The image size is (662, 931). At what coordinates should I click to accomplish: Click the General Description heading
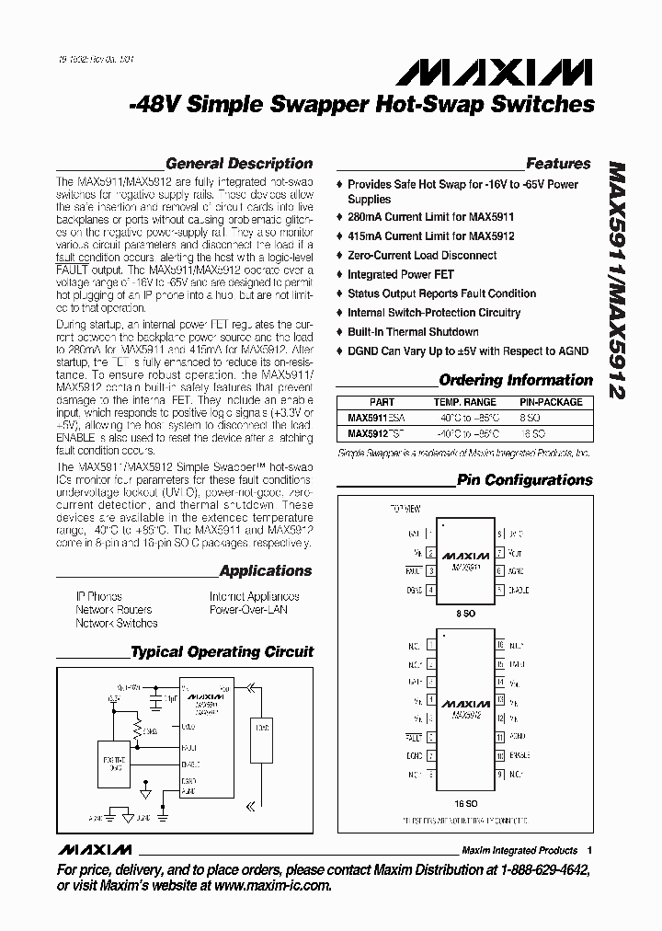(x=239, y=164)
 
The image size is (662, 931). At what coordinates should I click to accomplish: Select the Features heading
(x=558, y=164)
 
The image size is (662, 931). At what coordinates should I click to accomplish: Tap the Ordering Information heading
(x=516, y=380)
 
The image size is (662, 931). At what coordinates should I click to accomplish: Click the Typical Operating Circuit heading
(x=222, y=652)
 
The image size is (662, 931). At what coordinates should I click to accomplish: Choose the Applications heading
(x=266, y=571)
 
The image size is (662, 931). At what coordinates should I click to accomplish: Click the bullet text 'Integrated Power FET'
(x=400, y=274)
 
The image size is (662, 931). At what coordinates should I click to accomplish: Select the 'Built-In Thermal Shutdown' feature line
(x=413, y=332)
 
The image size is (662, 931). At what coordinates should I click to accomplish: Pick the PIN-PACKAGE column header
(x=551, y=402)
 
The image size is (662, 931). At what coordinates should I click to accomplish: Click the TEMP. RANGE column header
(x=464, y=402)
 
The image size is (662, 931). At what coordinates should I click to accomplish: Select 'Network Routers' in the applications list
(x=114, y=610)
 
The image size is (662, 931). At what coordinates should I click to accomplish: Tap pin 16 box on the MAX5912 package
(x=500, y=646)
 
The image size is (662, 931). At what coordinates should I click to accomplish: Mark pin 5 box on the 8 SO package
(x=500, y=591)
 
